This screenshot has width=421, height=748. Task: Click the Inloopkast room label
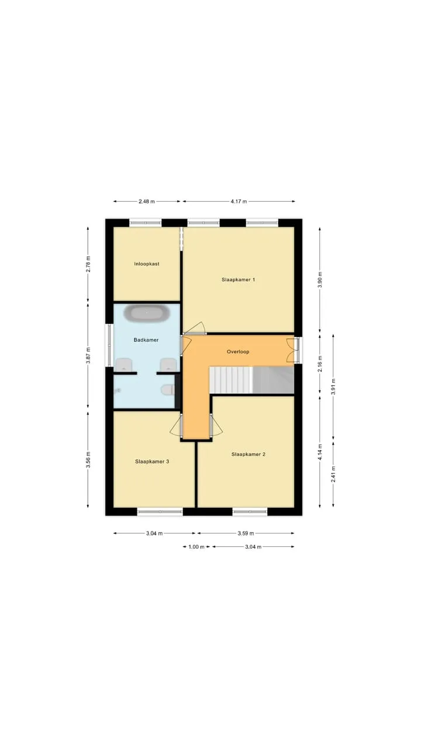(x=147, y=264)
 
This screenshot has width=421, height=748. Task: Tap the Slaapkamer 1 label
(x=238, y=279)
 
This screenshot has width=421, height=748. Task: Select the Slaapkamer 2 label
(x=249, y=454)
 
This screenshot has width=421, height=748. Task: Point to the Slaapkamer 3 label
(x=152, y=462)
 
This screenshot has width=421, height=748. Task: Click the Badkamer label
(x=146, y=340)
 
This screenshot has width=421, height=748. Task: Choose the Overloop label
(x=238, y=352)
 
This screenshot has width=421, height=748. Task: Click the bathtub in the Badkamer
(x=147, y=314)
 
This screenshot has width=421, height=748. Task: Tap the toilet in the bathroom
(x=168, y=389)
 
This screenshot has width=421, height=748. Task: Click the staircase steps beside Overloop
(x=230, y=380)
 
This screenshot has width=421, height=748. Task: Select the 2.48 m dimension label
(x=147, y=202)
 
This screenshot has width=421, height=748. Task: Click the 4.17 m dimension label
(x=239, y=202)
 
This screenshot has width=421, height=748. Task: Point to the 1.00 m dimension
(x=196, y=546)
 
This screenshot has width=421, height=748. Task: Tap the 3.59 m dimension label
(x=246, y=534)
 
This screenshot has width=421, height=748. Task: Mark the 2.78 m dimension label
(x=88, y=264)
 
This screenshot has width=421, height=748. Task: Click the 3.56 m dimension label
(x=88, y=460)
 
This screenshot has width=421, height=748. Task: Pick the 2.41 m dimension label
(x=333, y=474)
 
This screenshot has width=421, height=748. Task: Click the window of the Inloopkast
(x=146, y=223)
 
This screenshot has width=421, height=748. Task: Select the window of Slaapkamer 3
(x=160, y=511)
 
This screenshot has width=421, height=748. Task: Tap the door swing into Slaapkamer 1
(x=195, y=328)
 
